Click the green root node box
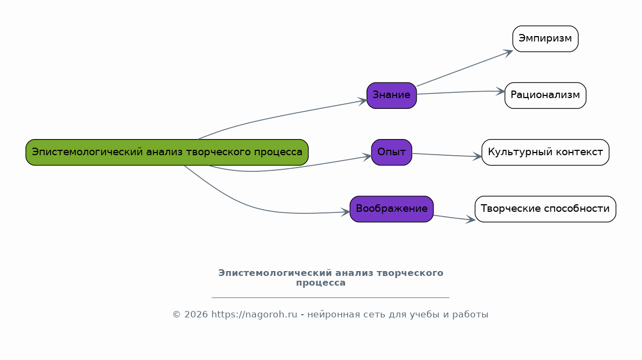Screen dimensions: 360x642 coord(167,152)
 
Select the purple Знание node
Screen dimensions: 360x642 coord(391,95)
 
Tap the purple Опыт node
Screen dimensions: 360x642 coord(391,152)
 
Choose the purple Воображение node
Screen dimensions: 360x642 coord(391,209)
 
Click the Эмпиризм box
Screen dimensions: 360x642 coord(545,39)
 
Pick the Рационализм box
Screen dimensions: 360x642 coord(545,95)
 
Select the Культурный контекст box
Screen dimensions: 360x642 coord(545,152)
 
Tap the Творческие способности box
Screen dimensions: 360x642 coord(545,209)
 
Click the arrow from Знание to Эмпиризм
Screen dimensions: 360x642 coord(464,68)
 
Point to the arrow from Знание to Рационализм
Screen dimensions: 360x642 coord(461,92)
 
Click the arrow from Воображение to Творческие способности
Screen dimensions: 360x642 coord(454,218)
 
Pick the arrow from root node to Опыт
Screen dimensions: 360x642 coord(291,168)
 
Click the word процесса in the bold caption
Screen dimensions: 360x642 coord(321,283)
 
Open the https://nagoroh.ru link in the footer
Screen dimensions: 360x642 coord(254,315)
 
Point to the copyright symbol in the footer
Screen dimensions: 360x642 coord(176,315)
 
